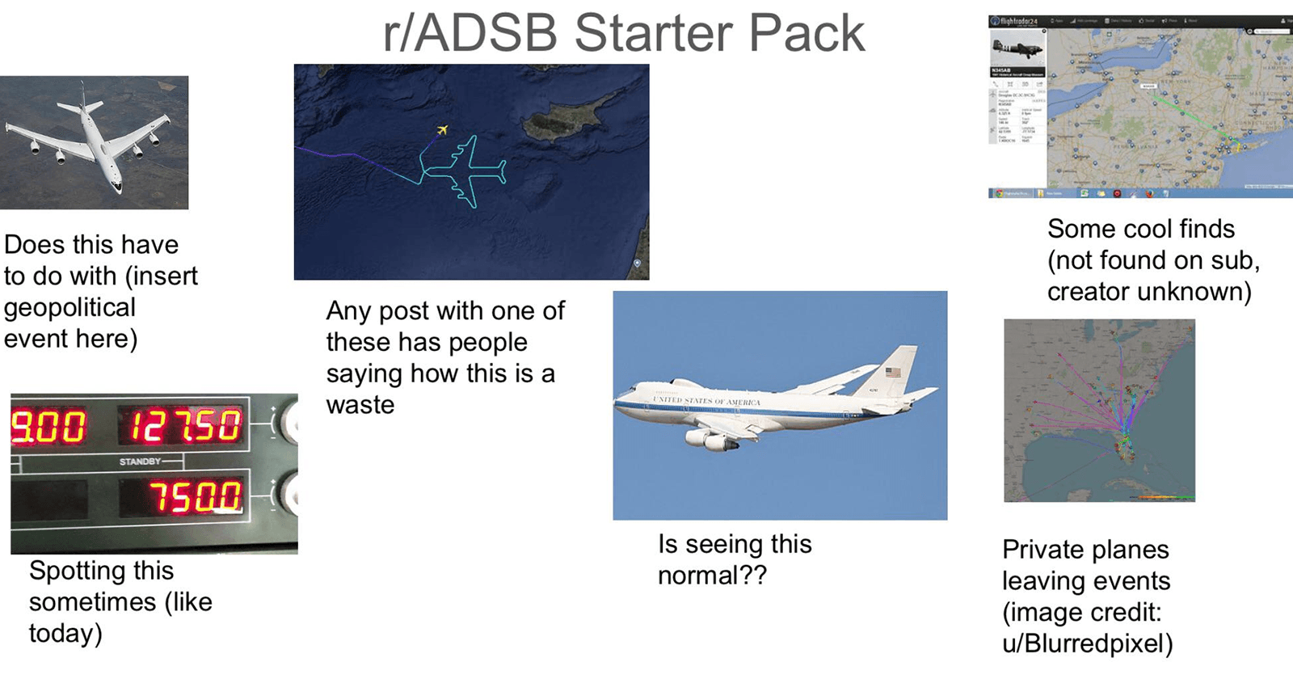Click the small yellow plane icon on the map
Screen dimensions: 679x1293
[442, 129]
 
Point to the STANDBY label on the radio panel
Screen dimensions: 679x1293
[140, 462]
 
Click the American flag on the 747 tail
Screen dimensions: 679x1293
[893, 373]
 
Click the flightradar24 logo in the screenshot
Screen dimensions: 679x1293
[1017, 21]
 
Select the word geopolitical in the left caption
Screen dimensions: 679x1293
[69, 307]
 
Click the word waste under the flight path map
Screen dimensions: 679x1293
[360, 404]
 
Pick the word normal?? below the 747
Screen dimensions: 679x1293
[712, 576]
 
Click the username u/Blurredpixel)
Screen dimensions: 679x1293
[1087, 643]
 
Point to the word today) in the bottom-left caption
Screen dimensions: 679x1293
[65, 633]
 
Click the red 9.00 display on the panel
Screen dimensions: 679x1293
[48, 425]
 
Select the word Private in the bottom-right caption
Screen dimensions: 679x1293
[1045, 550]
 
